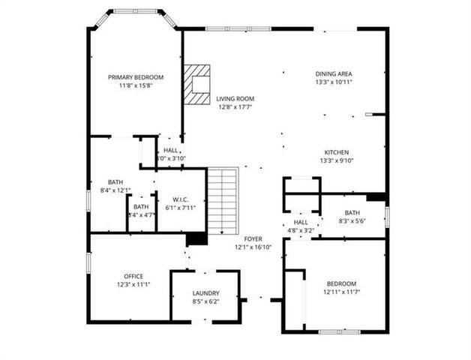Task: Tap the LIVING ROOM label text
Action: pyautogui.click(x=235, y=98)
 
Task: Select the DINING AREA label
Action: pyautogui.click(x=334, y=73)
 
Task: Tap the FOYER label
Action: pyautogui.click(x=253, y=238)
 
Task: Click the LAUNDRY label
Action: pyautogui.click(x=205, y=293)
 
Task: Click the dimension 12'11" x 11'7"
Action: pyautogui.click(x=341, y=292)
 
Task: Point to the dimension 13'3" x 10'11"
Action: pyautogui.click(x=334, y=82)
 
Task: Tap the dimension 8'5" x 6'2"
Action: pyautogui.click(x=205, y=301)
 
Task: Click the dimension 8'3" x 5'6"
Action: pyautogui.click(x=352, y=221)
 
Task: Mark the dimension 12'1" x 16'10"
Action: pyautogui.click(x=253, y=246)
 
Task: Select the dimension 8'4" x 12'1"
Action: pyautogui.click(x=115, y=190)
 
